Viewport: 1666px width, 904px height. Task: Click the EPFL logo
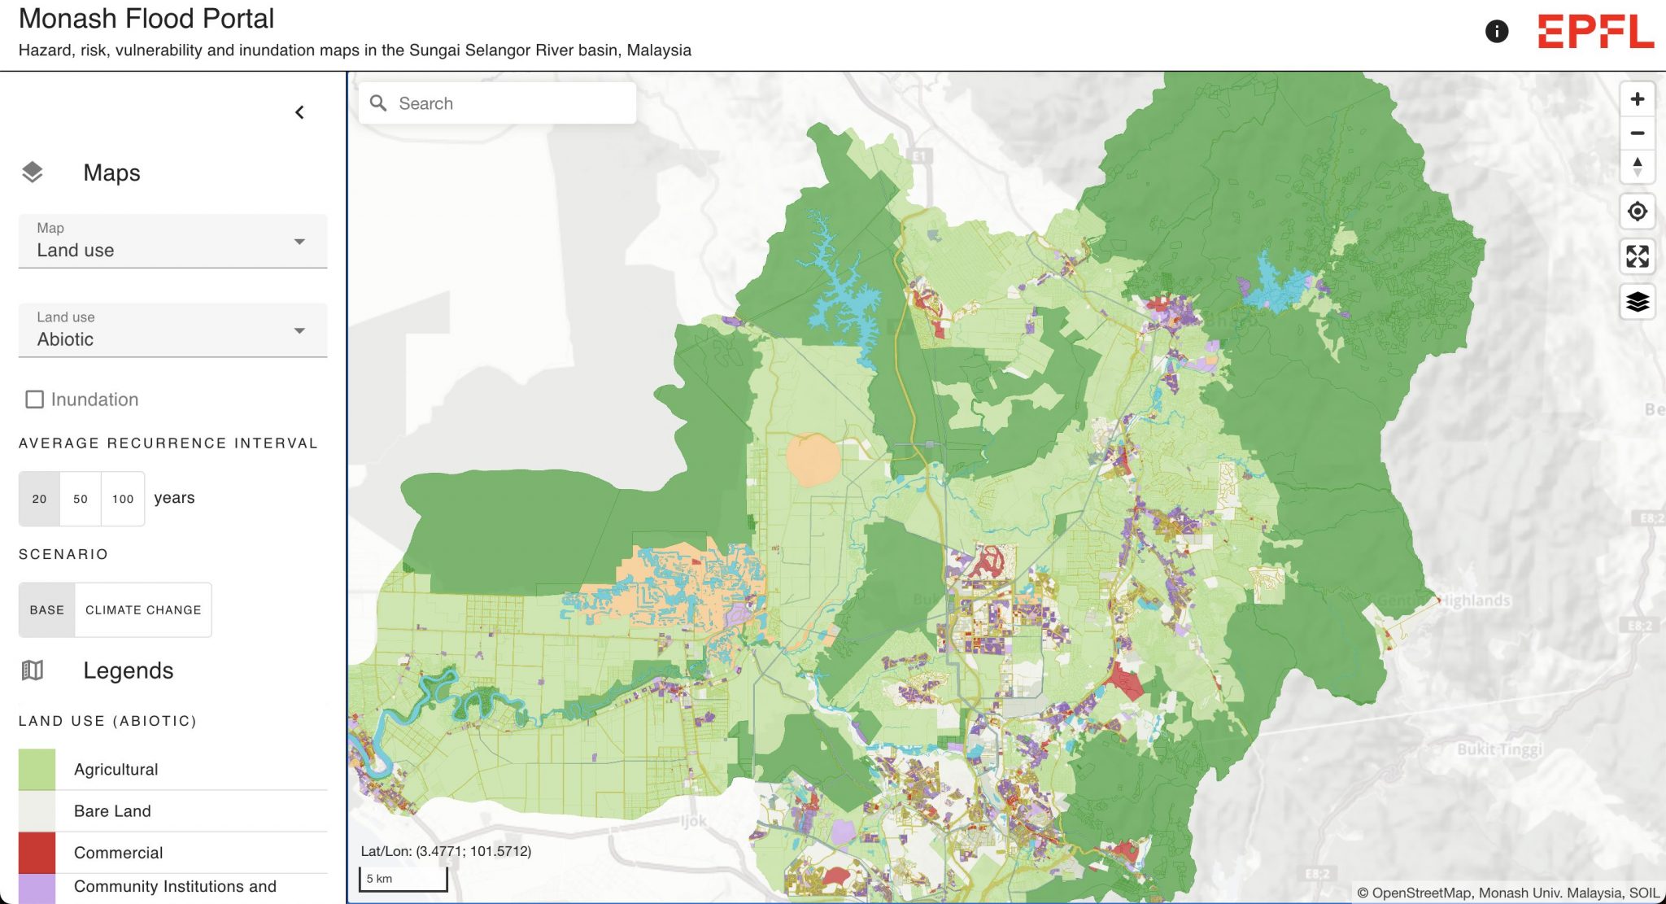[1595, 32]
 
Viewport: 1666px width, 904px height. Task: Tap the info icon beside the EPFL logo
[1496, 32]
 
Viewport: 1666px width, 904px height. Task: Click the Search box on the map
[497, 103]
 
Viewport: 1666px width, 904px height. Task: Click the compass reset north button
[1637, 167]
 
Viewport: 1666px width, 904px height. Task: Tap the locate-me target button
[1637, 212]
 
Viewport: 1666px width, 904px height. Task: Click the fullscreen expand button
[1637, 256]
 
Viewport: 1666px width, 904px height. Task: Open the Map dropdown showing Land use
[172, 241]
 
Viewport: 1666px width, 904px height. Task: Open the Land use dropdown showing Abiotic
[172, 330]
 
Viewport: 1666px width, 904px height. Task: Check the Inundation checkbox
[34, 400]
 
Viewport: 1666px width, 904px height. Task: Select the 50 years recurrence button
[81, 499]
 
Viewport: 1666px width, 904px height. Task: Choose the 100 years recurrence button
[123, 499]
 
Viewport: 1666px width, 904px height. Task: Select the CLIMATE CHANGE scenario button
[143, 609]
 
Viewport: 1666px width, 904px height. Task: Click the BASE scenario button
[46, 609]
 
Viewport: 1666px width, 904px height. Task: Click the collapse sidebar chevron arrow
[299, 112]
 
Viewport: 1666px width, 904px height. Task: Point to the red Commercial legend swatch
[37, 852]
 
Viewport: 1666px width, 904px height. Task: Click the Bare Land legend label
[112, 811]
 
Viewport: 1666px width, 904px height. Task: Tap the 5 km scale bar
[403, 879]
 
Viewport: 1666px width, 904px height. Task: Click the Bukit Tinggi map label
[1499, 749]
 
